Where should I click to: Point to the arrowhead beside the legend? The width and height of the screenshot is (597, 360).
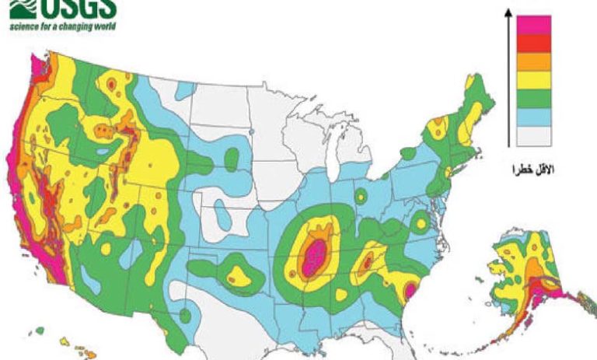tap(507, 12)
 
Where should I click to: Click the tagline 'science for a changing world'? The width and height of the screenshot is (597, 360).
tap(62, 26)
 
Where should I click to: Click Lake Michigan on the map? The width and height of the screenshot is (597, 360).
tap(333, 155)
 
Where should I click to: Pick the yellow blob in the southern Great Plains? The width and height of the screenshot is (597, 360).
tap(235, 274)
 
